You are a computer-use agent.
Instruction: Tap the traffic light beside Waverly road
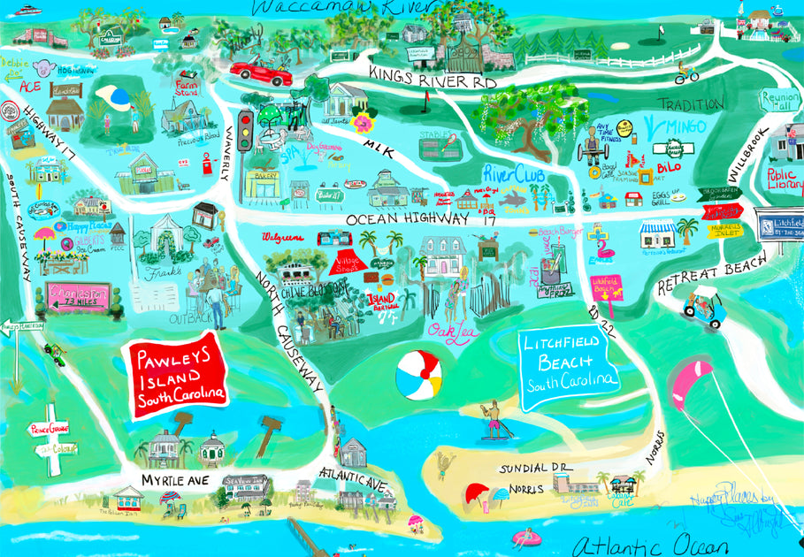coord(246,127)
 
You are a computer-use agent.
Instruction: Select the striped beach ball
coord(417,376)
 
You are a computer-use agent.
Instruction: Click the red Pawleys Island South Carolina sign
coord(176,375)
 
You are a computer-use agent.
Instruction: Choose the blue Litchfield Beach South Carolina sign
coord(568,362)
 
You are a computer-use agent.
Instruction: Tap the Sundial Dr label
coord(535,468)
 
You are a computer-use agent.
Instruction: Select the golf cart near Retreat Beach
coord(705,305)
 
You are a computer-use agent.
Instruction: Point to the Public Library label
coord(782,179)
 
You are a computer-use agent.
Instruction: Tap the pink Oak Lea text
coord(448,332)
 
